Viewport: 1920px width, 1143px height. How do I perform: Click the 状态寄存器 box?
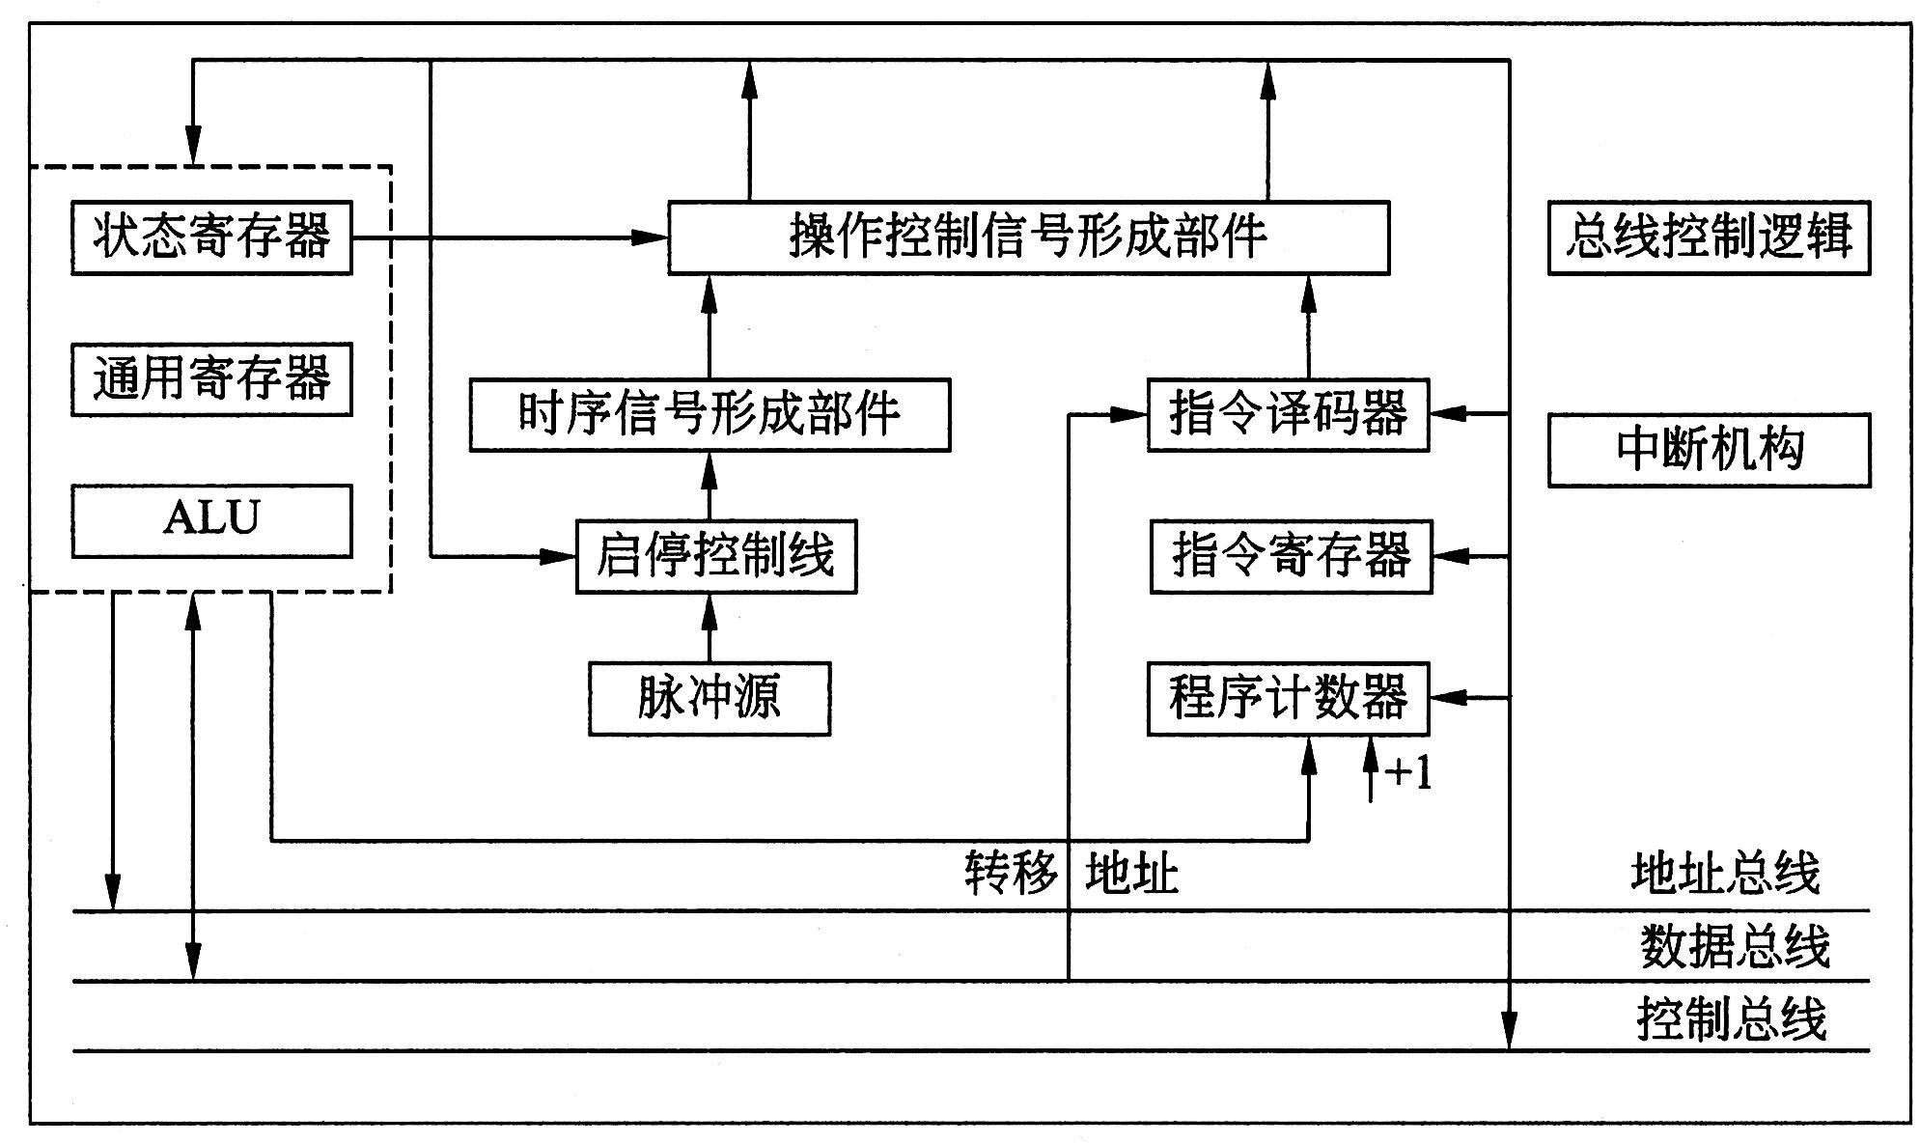tap(211, 237)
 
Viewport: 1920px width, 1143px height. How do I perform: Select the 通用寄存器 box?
tap(211, 378)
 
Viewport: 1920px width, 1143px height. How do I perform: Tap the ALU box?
tap(211, 520)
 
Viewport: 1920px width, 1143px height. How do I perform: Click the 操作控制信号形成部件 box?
tap(1028, 237)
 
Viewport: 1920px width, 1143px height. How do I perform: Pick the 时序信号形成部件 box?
tap(710, 415)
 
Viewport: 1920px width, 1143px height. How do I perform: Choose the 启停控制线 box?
tap(715, 556)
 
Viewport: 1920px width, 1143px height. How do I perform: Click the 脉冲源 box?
tap(710, 698)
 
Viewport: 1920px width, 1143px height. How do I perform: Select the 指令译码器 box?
tap(1288, 415)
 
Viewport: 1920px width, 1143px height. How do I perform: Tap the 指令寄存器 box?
tap(1291, 556)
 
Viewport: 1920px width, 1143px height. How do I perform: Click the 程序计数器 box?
tap(1288, 698)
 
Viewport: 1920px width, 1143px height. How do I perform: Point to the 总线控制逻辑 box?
tap(1709, 237)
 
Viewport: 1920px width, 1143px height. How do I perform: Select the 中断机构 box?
tap(1709, 450)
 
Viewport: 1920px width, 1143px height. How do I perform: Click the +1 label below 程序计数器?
tap(1407, 773)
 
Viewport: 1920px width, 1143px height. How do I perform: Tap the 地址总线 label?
tap(1725, 874)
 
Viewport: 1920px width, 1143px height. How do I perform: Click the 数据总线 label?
tap(1735, 946)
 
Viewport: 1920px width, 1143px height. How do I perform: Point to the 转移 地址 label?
tap(1071, 874)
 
